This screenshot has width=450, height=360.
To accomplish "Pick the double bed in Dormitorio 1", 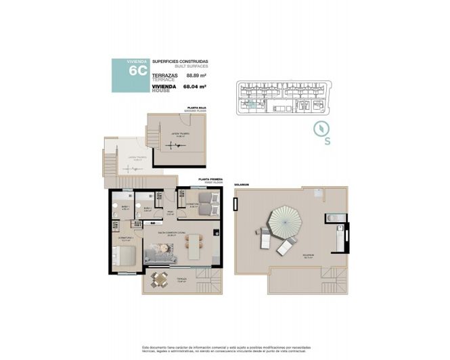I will point(126,256).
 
